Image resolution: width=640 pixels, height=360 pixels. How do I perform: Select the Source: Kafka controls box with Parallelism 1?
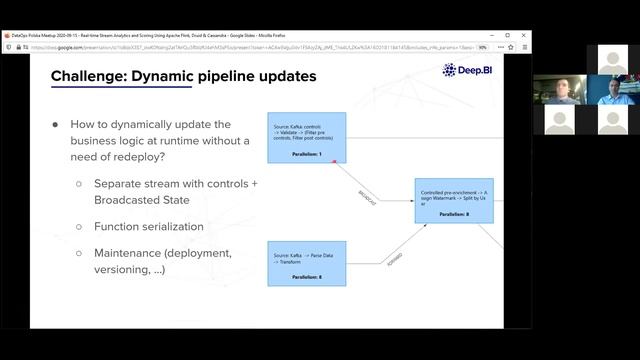point(306,138)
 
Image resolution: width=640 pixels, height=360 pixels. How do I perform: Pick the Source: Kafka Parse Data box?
point(306,263)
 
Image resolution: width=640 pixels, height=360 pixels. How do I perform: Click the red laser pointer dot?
point(335,161)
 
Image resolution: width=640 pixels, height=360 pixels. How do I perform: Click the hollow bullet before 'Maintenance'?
point(79,254)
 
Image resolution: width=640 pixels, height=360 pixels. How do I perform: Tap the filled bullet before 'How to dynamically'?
point(56,125)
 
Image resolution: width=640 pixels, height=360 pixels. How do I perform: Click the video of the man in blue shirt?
point(613,90)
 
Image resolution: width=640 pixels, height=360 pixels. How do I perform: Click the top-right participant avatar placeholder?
point(613,59)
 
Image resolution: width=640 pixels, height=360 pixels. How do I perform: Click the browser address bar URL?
point(250,47)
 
